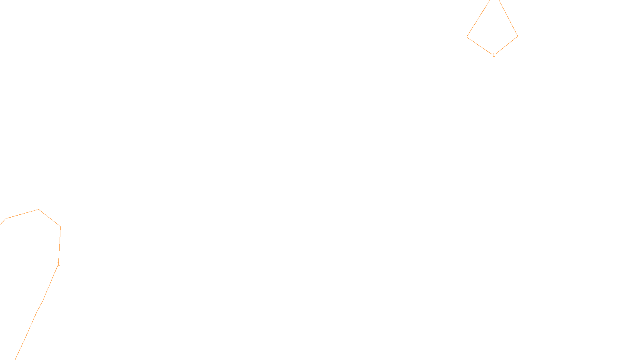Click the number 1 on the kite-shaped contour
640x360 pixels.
coord(494,55)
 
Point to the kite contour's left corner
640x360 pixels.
coord(467,37)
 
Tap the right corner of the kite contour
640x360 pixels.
coord(518,36)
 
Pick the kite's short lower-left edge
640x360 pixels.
coord(479,45)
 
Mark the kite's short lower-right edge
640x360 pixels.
coord(506,45)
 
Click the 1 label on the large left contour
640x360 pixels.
coord(58,264)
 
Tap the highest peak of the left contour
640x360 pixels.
coord(38,210)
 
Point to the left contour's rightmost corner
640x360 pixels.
coord(60,227)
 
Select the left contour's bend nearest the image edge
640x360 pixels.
coord(6,219)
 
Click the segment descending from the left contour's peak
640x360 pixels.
coord(50,218)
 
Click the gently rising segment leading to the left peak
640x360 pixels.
coord(22,214)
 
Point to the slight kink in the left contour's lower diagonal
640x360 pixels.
coord(40,307)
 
